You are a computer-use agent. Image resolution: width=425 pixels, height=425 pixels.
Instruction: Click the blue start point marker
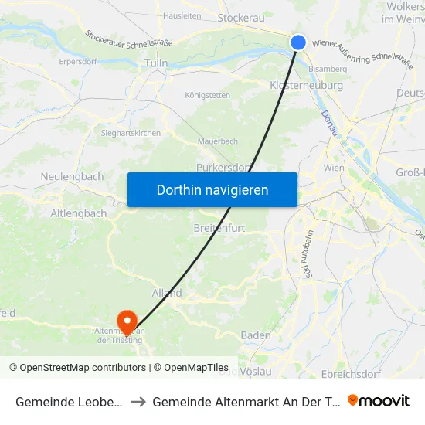(298, 43)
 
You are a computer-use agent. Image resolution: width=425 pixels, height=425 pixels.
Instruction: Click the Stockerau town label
(243, 16)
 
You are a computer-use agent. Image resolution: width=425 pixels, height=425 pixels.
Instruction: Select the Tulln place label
(156, 63)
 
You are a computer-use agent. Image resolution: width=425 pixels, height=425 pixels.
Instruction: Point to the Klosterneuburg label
(306, 85)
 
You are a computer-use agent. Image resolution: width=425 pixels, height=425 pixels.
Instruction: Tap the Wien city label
(333, 168)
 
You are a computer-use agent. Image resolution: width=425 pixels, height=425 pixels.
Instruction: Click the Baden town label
(256, 335)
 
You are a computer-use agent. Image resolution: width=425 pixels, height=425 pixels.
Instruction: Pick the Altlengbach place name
(79, 212)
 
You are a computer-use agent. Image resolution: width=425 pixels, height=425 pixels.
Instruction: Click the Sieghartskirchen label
(131, 133)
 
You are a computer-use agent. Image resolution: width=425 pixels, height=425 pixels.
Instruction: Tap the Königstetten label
(207, 96)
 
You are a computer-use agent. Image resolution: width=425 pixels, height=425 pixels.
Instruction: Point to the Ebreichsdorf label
(374, 374)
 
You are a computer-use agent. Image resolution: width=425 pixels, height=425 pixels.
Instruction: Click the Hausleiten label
(182, 15)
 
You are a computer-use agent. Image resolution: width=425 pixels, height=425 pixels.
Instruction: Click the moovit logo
(379, 401)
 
